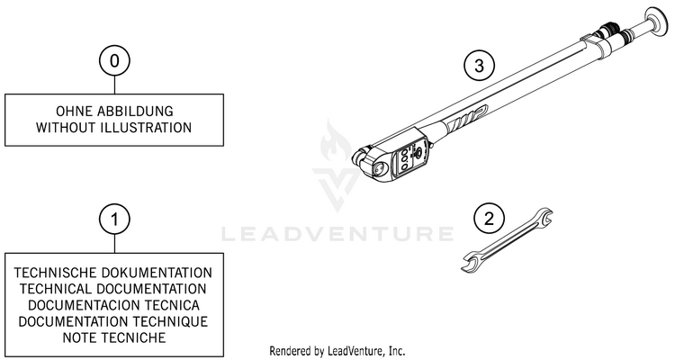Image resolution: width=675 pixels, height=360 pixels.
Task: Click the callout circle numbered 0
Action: (x=113, y=63)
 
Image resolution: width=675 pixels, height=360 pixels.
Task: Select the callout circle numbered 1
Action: (x=113, y=219)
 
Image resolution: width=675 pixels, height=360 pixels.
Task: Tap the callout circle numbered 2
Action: (x=488, y=219)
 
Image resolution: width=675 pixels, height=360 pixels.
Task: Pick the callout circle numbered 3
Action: (x=479, y=65)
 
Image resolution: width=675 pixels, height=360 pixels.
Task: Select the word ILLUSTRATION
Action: (x=147, y=127)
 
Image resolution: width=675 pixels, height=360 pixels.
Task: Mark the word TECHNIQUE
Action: (x=169, y=320)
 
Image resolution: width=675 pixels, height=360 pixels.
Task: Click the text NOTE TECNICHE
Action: (x=113, y=337)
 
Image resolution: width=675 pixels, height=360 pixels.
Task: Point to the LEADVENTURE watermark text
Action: (x=337, y=235)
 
